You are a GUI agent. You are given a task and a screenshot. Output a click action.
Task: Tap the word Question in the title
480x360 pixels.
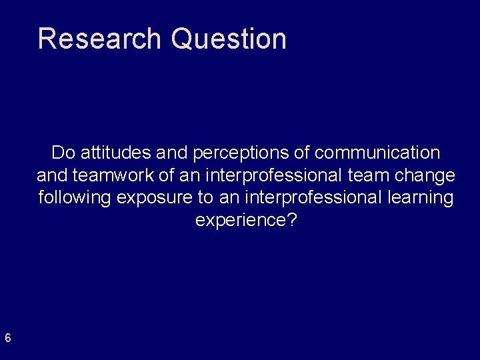229,39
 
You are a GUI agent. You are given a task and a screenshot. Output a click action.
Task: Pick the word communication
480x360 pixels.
377,153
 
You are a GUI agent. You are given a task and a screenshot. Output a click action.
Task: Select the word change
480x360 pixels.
427,175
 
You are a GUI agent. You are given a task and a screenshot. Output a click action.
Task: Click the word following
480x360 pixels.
75,198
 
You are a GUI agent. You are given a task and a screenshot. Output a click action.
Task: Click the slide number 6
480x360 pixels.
7,338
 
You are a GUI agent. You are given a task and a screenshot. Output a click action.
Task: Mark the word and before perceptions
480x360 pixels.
173,153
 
